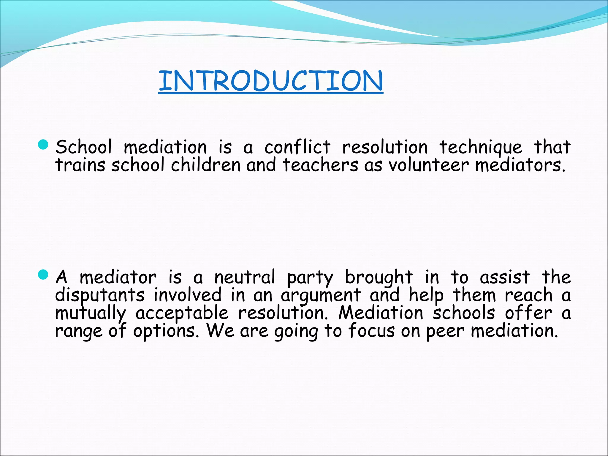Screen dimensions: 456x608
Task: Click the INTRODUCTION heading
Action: [270, 81]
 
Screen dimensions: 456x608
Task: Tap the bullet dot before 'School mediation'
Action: [43, 145]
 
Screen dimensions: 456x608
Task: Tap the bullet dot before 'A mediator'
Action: [43, 275]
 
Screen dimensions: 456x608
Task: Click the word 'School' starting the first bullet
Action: [84, 147]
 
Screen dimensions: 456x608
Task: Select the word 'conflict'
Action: [297, 147]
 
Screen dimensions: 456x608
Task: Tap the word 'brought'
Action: [379, 278]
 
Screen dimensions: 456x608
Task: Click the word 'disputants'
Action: [100, 295]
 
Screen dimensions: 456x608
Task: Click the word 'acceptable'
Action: [182, 313]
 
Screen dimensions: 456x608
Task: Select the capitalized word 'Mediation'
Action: [381, 313]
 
